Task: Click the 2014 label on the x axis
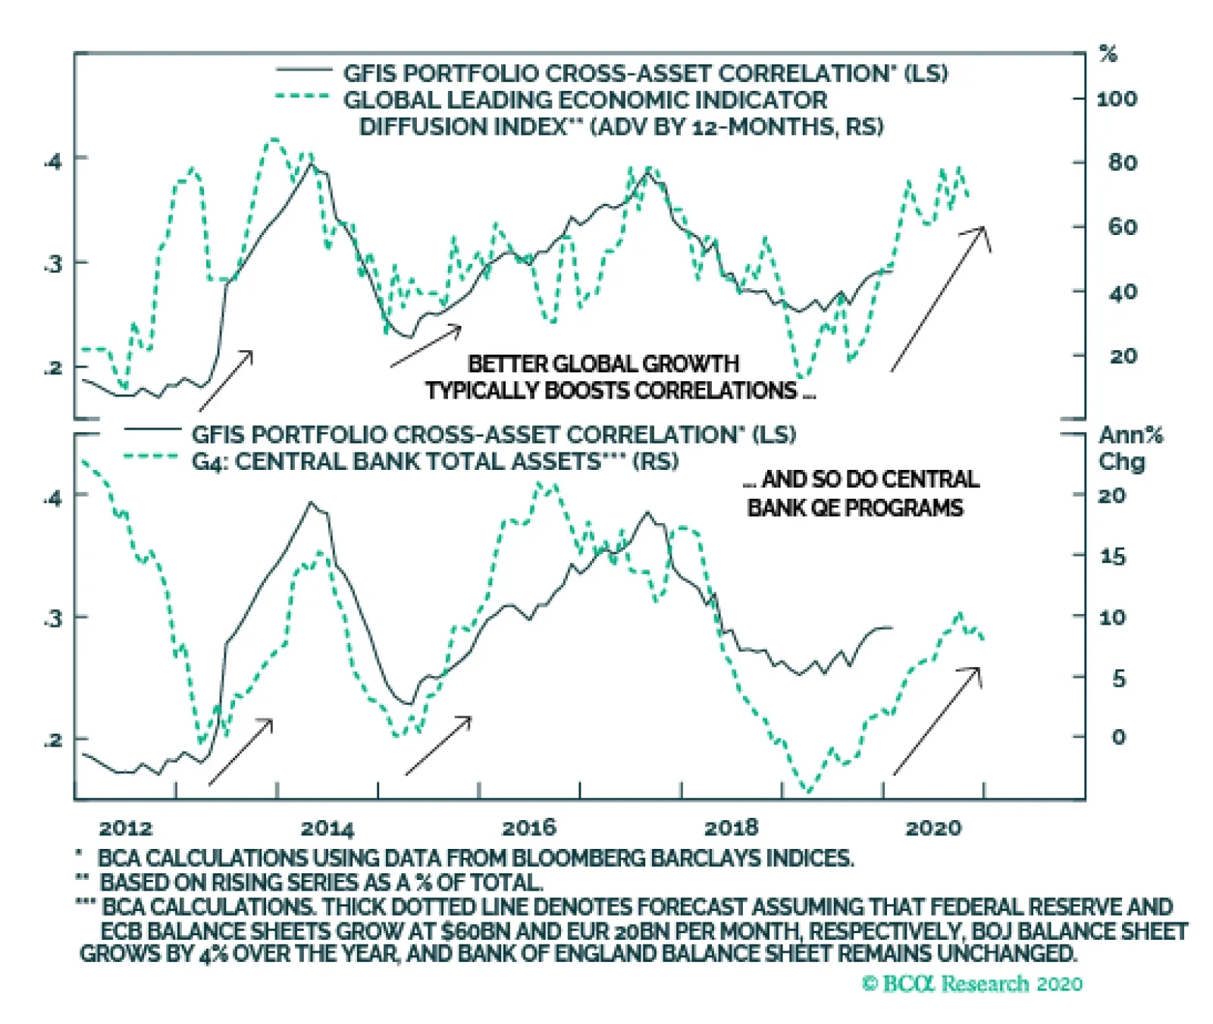click(x=327, y=828)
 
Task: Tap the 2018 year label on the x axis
click(x=731, y=828)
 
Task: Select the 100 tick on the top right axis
click(x=1117, y=99)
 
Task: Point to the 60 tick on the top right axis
click(x=1123, y=227)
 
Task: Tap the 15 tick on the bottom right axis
click(x=1112, y=556)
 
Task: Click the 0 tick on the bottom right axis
click(x=1118, y=737)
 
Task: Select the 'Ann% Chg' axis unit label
click(x=1130, y=448)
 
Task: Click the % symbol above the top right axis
click(x=1108, y=55)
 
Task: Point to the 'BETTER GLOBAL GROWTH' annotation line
click(x=603, y=364)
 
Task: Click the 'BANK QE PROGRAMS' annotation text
click(x=855, y=508)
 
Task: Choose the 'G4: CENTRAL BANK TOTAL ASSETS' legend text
click(x=434, y=462)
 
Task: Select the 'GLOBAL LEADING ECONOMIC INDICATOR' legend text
click(x=585, y=100)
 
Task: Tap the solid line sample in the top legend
click(x=304, y=70)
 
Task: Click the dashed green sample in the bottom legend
click(x=152, y=456)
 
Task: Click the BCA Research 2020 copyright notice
click(x=973, y=984)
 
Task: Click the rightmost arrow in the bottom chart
click(x=938, y=720)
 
